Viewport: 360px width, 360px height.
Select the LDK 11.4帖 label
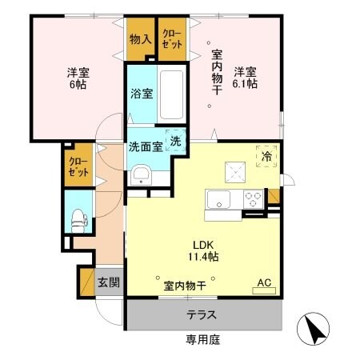coord(202,251)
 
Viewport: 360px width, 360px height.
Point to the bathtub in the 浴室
coord(171,94)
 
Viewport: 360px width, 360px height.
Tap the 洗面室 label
coord(146,146)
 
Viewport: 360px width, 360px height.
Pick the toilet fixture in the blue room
coord(79,217)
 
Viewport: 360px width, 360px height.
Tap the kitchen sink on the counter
coord(218,198)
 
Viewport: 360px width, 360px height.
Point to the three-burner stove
coord(254,198)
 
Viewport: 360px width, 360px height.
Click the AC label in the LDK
coord(264,281)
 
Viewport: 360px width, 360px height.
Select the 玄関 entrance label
coord(109,282)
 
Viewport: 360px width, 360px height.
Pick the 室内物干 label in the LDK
coord(185,285)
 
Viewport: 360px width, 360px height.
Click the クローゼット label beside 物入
coord(171,39)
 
